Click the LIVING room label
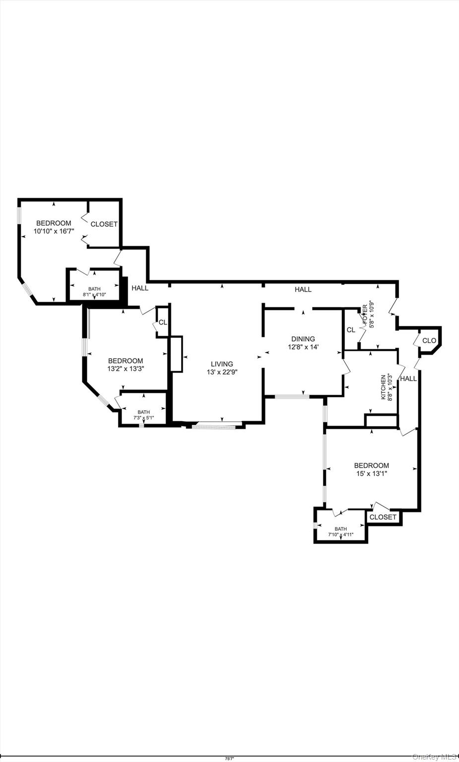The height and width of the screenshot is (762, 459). (x=221, y=364)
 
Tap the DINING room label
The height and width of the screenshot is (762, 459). (x=303, y=339)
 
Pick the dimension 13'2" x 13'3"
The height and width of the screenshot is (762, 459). (x=126, y=369)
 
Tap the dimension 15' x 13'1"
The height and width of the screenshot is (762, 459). (x=371, y=474)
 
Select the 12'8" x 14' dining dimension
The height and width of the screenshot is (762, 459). (x=303, y=347)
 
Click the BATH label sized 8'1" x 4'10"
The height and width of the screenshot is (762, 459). (x=94, y=289)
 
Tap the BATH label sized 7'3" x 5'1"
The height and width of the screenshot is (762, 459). (x=143, y=412)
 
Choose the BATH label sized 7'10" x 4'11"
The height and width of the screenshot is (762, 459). (x=340, y=529)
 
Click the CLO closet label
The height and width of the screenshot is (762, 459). (x=429, y=341)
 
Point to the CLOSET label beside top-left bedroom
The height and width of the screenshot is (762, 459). (x=104, y=224)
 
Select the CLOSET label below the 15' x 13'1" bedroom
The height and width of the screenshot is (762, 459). (x=384, y=517)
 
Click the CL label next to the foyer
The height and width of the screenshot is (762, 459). (x=351, y=330)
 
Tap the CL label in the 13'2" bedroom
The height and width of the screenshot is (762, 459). (x=163, y=322)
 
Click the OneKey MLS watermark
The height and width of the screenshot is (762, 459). (x=434, y=757)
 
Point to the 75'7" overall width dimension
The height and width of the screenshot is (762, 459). (x=229, y=759)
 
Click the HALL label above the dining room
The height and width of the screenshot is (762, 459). (x=303, y=289)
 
